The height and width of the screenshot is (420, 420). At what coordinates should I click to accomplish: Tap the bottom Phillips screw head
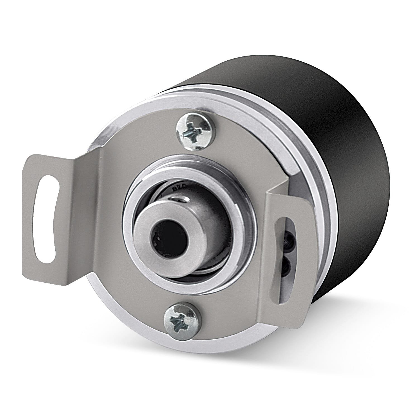[182, 321]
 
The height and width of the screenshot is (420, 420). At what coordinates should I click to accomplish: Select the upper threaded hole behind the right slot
[291, 239]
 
